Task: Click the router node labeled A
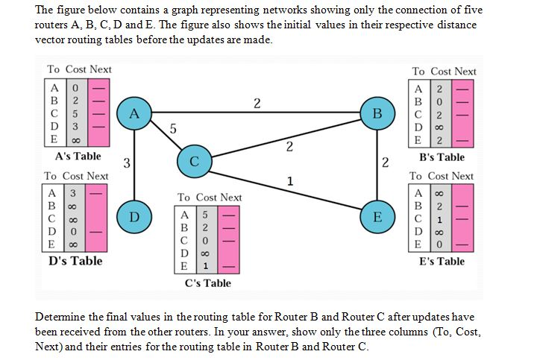click(x=134, y=114)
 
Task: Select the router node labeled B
click(x=377, y=114)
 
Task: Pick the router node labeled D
click(x=134, y=217)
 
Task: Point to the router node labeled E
click(x=377, y=217)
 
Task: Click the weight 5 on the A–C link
click(x=173, y=128)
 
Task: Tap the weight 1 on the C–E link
click(x=290, y=180)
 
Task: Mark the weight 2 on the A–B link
click(x=257, y=103)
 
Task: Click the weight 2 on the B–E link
click(x=385, y=162)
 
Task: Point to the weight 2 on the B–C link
click(x=289, y=145)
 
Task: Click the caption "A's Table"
click(x=78, y=157)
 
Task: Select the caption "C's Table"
click(x=208, y=282)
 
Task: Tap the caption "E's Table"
click(x=442, y=261)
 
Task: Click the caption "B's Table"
click(x=442, y=157)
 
